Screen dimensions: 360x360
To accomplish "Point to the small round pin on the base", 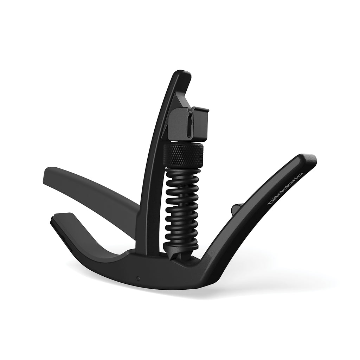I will tap(138, 278).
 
